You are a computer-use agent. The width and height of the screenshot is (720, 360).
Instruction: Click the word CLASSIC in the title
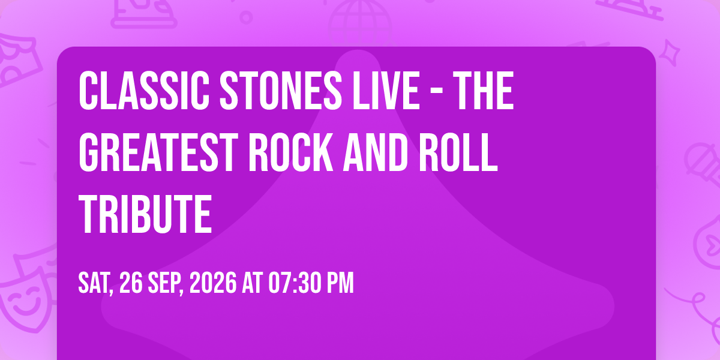(143, 91)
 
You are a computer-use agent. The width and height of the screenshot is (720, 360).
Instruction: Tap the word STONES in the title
(281, 91)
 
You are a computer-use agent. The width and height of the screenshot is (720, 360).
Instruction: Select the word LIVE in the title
(386, 91)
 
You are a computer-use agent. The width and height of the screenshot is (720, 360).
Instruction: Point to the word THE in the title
(485, 91)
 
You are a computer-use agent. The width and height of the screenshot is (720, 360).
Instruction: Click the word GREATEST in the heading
(158, 153)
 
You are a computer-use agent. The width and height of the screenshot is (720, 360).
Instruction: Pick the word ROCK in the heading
(290, 153)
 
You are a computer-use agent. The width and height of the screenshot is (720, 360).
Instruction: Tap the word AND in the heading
(376, 153)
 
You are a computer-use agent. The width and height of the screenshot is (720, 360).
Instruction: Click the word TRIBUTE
(145, 215)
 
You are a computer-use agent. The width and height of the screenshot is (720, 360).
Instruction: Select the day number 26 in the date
(131, 283)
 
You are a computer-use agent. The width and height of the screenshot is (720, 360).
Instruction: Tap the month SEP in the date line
(166, 283)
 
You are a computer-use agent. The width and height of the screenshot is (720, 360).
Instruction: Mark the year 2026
(213, 283)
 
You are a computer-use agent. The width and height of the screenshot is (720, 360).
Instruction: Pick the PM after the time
(340, 283)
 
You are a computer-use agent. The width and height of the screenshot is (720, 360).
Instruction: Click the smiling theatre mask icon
(25, 299)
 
